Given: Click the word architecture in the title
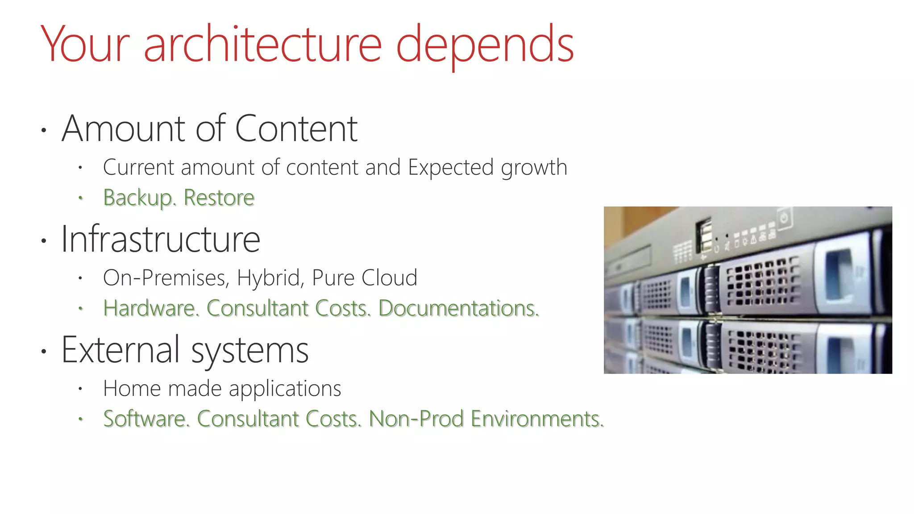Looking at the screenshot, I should pos(262,45).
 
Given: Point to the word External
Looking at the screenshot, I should pos(120,350).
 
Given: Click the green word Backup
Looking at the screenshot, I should pos(139,198).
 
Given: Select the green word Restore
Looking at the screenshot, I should pos(219,197).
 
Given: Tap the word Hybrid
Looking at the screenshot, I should pos(270,278).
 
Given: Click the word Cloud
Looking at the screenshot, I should pos(389,278).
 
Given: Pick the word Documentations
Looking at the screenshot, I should pos(459,308).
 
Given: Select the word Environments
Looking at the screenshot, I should pos(537,419).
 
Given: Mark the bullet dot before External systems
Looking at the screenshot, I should pos(43,352).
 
